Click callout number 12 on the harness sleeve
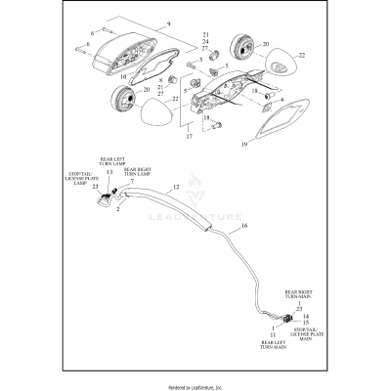[x=176, y=187]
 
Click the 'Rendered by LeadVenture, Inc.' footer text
[x=195, y=384]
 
